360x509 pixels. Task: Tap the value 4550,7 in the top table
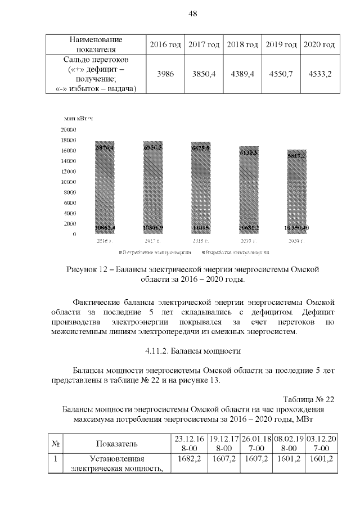[x=281, y=74]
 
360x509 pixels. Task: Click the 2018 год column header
[x=242, y=44]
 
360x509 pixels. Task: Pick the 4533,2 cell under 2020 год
[x=318, y=74]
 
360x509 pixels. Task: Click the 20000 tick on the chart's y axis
[x=69, y=129]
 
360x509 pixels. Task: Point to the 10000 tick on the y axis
[x=69, y=182]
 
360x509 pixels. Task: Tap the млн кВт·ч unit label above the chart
[x=78, y=118]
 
